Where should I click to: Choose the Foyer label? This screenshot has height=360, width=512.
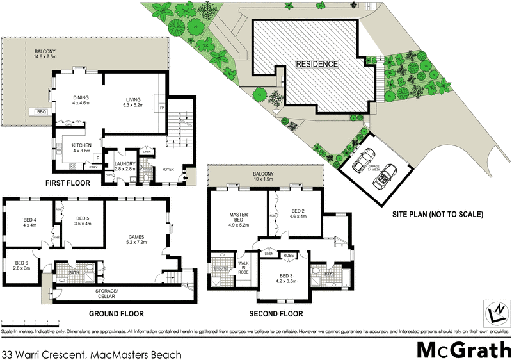[167, 170]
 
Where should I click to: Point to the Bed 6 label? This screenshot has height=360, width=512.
[22, 266]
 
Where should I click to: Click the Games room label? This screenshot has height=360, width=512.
[137, 240]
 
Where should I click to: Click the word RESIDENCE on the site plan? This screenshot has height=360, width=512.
[316, 64]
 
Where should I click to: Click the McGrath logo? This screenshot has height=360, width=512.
[461, 349]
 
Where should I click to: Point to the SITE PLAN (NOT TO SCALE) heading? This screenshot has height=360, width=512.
[438, 215]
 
